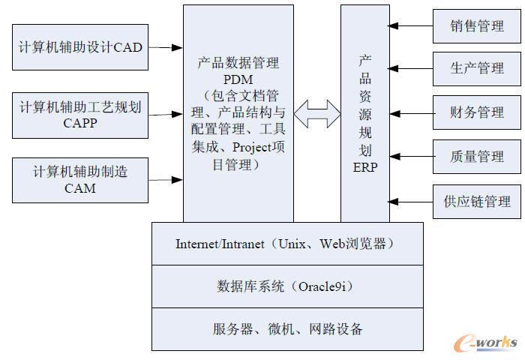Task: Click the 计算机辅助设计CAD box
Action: tap(80, 46)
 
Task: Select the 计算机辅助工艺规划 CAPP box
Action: tap(80, 115)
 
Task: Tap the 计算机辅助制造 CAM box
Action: tap(80, 179)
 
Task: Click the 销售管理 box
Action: tap(477, 26)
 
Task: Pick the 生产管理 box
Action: tap(477, 68)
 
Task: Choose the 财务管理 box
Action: tap(477, 112)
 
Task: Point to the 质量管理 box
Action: tap(477, 157)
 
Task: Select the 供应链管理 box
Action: tap(477, 201)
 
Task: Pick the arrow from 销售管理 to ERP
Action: tap(410, 26)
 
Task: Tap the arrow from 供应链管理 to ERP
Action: tap(410, 201)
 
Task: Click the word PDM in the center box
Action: tap(238, 79)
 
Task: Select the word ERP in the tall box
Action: tap(365, 167)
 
